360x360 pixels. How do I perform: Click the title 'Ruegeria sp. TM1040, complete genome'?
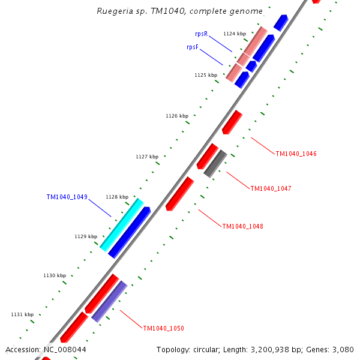179,11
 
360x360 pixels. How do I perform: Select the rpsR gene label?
201,34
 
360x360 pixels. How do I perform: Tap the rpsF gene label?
193,47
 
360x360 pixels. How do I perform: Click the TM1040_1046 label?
296,154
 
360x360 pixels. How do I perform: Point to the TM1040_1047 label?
271,188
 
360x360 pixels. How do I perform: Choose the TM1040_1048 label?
242,226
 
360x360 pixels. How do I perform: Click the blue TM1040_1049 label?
67,197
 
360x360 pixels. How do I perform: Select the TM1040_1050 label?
163,328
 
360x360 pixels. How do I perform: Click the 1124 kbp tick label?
234,34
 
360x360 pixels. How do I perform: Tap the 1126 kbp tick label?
177,116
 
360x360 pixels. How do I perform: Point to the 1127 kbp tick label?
147,157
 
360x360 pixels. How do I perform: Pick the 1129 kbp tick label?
86,236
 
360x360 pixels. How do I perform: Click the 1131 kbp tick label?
22,314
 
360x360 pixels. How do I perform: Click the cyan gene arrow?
122,224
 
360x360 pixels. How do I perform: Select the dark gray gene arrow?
215,163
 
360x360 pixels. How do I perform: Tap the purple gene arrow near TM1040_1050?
109,301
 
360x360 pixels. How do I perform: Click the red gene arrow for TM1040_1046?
232,122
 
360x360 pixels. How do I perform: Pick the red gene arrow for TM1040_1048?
180,193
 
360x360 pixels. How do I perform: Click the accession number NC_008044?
64,350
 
